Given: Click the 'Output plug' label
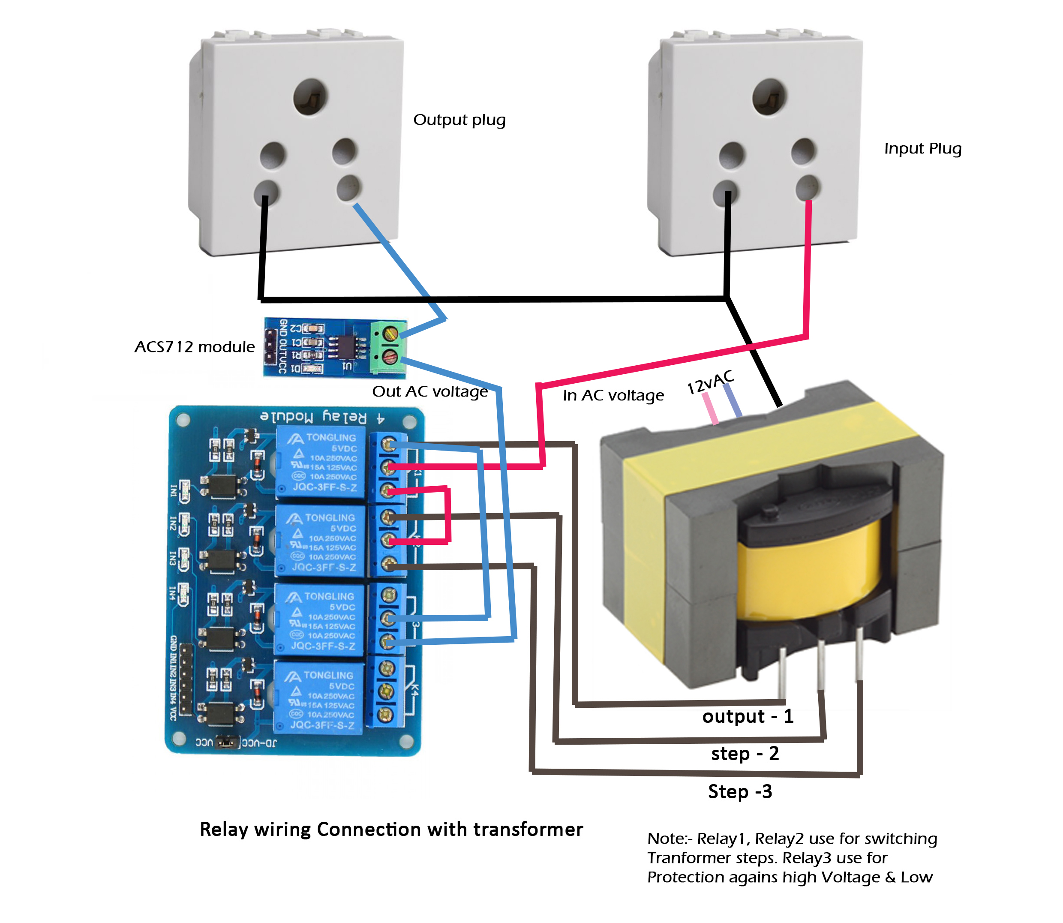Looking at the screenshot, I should point(459,120).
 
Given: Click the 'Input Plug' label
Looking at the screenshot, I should point(922,149).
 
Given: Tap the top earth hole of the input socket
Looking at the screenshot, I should point(769,96).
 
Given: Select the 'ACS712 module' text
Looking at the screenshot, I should point(194,347).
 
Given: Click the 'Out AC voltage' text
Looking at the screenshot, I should point(429,392).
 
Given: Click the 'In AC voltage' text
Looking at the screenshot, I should point(613,396).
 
